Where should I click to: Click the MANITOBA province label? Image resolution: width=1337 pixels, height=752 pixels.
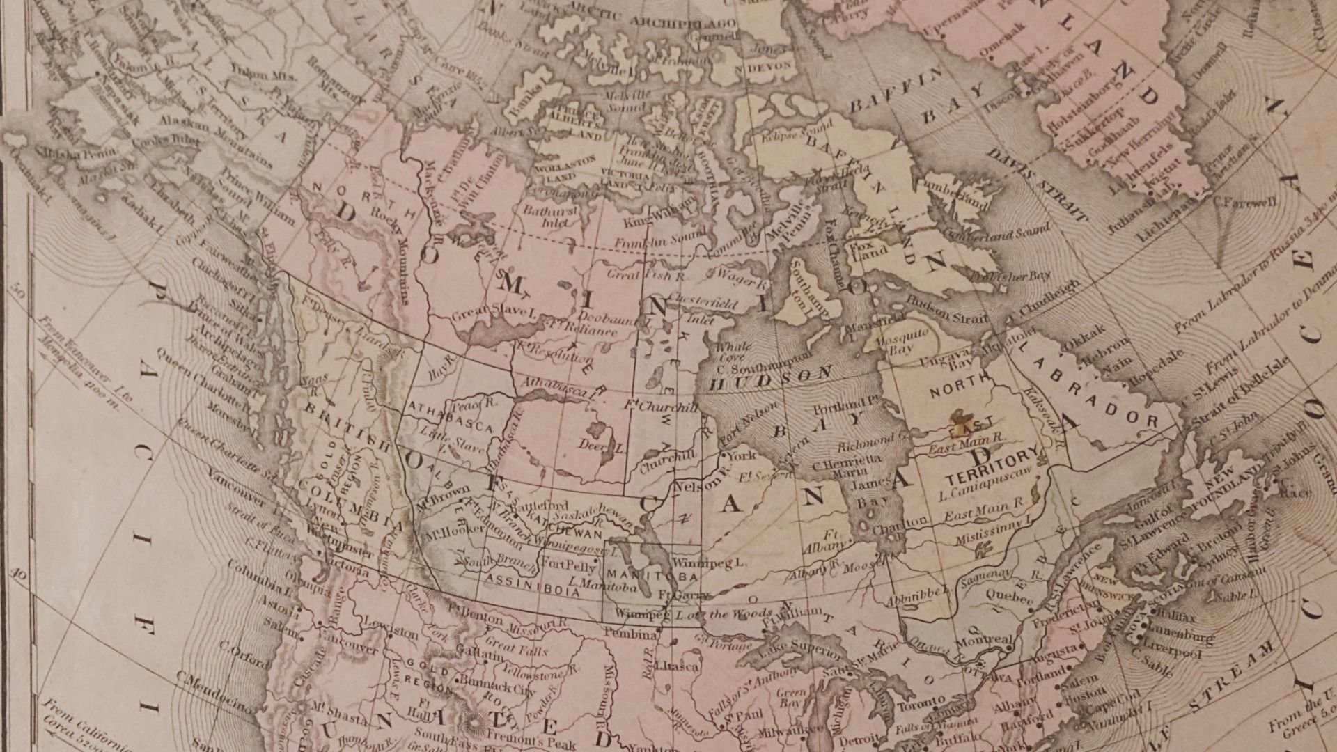tap(652, 576)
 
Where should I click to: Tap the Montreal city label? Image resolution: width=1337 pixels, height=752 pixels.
tap(984, 640)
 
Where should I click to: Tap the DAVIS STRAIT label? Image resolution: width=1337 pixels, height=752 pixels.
tap(1040, 185)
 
